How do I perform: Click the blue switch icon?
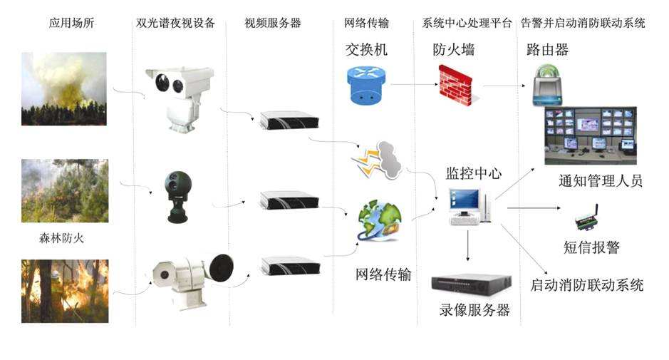tap(366, 86)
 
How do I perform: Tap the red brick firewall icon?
tap(456, 86)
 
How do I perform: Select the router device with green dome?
tap(547, 86)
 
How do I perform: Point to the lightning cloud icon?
tap(377, 160)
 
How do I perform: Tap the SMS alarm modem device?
tap(586, 219)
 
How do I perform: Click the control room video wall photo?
tap(591, 135)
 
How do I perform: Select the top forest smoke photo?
tap(64, 89)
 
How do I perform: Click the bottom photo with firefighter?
tap(65, 292)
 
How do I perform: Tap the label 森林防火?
tap(61, 238)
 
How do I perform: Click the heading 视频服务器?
tap(273, 23)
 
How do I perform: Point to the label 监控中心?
tap(474, 173)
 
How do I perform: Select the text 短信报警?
tap(591, 247)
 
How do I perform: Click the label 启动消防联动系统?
tap(586, 285)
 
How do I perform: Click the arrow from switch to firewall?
tap(414, 84)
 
